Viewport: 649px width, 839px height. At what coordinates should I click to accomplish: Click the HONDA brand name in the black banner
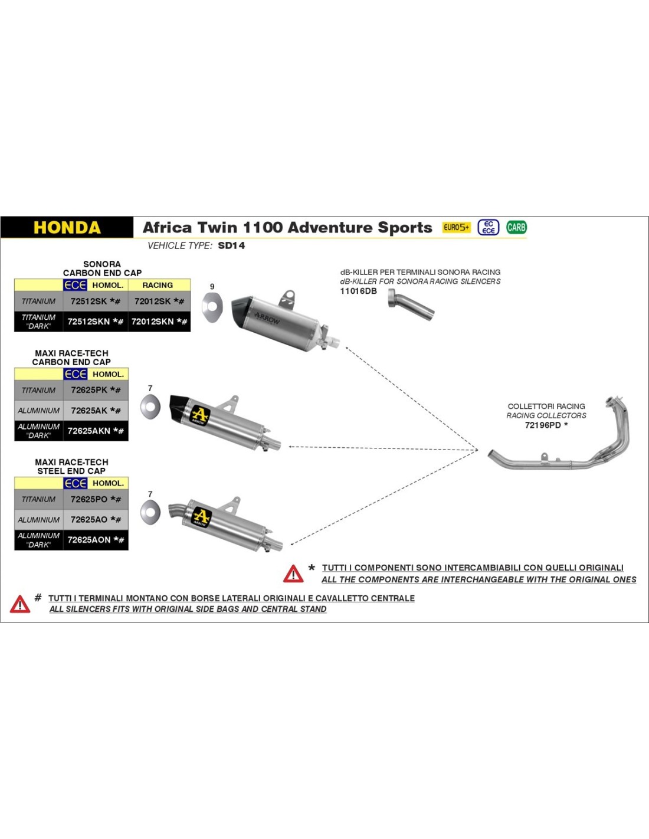[67, 228]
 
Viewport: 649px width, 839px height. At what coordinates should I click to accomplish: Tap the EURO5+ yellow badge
[456, 227]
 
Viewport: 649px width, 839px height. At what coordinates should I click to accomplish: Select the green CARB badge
[516, 227]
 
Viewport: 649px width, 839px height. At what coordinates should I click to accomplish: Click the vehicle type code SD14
[231, 245]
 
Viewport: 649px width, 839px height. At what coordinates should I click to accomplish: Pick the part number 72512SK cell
[95, 301]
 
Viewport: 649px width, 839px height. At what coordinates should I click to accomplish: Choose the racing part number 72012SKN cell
[159, 322]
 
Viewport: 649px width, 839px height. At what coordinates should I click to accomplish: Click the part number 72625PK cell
[96, 390]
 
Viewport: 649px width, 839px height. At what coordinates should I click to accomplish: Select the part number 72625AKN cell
[96, 431]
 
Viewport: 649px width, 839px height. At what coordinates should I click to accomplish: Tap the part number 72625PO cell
[96, 499]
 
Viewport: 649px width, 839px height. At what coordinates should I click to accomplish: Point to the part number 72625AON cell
[96, 540]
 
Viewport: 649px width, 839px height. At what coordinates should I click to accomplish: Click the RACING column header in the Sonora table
[158, 285]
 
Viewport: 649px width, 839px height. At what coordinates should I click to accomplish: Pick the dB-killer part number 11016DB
[358, 291]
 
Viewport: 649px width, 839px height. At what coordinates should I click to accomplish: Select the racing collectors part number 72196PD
[546, 425]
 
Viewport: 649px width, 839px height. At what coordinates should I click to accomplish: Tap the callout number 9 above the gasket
[212, 287]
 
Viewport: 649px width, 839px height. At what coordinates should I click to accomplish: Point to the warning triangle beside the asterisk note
[293, 573]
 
